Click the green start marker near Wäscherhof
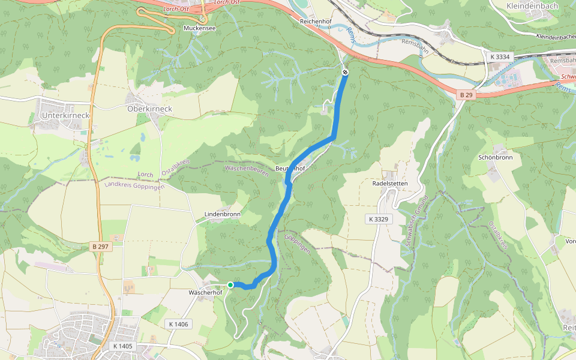[x=230, y=285]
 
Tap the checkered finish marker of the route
[x=345, y=73]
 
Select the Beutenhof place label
[x=290, y=169]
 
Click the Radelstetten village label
[x=390, y=183]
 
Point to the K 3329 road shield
[x=377, y=219]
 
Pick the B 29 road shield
[x=466, y=95]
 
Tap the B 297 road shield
[x=101, y=247]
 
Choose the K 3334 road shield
[x=499, y=57]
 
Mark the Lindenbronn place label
[x=223, y=214]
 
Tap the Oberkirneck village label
[x=149, y=109]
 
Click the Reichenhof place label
[x=316, y=21]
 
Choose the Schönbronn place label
[x=496, y=157]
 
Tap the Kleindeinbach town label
[x=532, y=6]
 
